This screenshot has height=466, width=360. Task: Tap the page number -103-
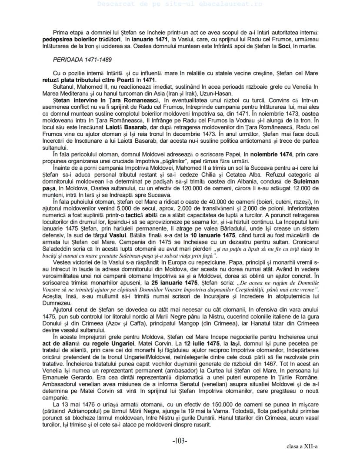180,441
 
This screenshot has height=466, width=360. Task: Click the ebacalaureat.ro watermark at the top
180,3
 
